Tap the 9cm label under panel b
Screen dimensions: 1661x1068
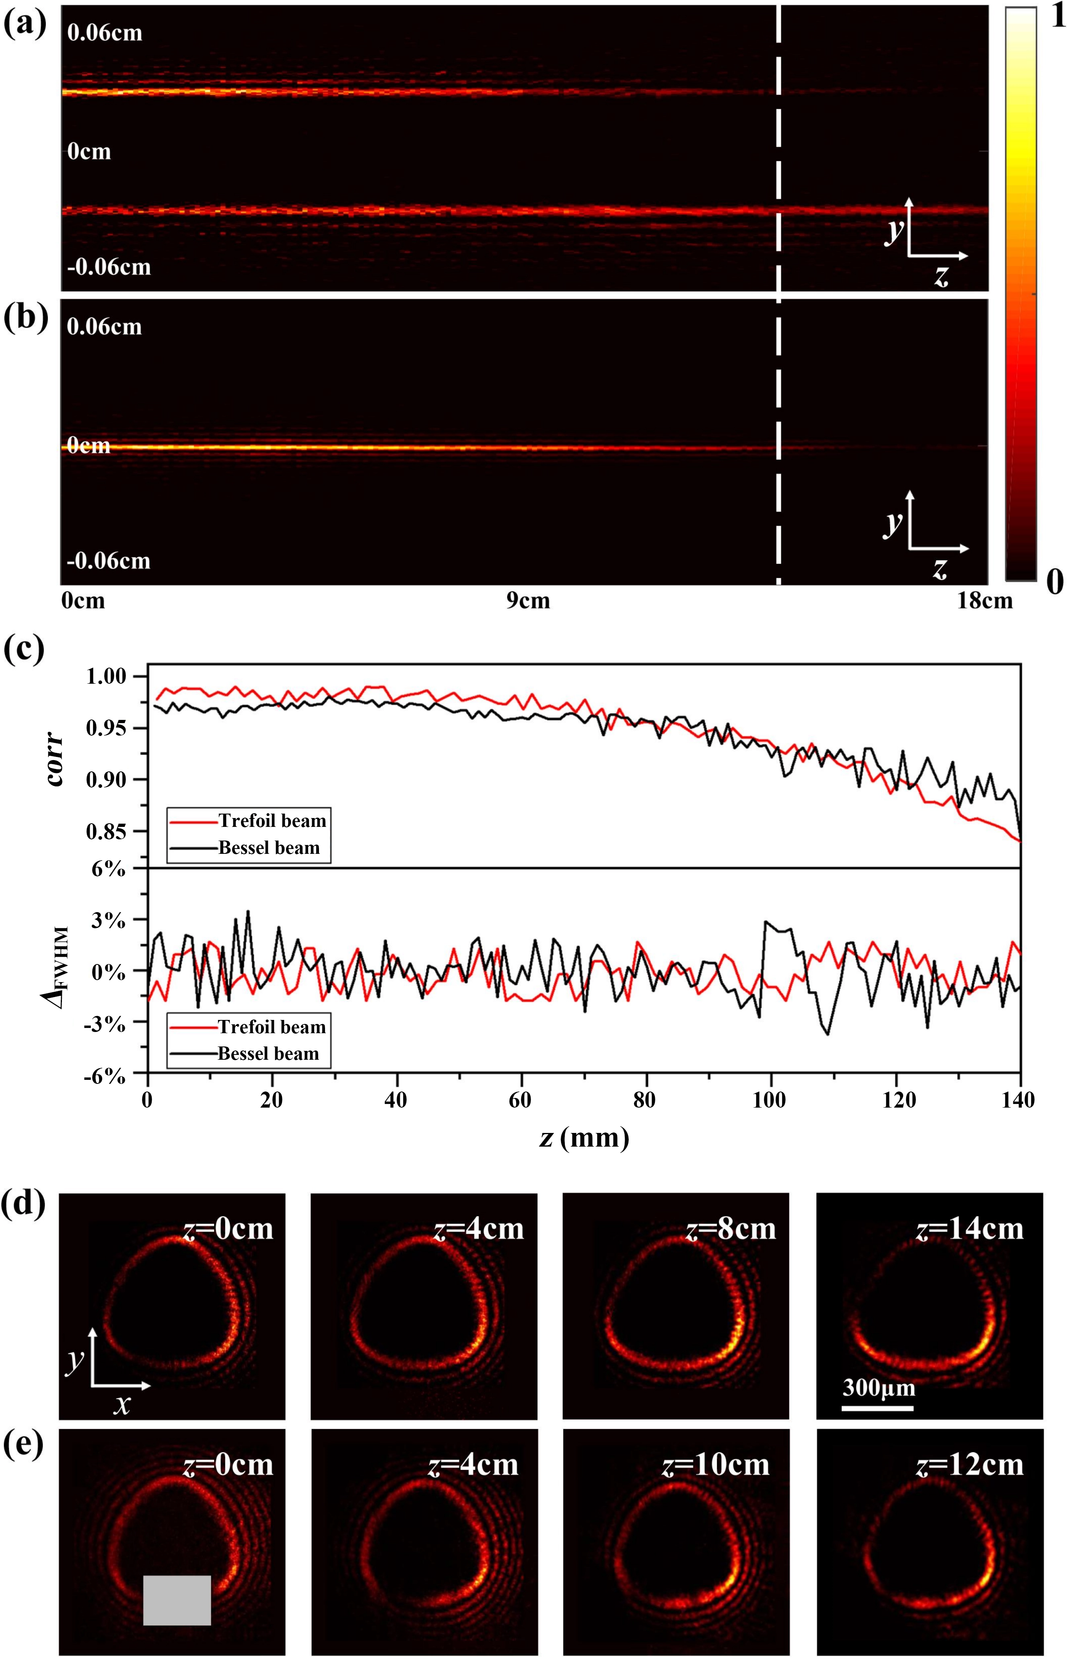point(528,600)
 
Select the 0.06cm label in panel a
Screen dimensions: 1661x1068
point(105,33)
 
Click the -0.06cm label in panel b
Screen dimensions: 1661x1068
point(108,560)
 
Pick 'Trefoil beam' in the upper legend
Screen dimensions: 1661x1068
point(272,821)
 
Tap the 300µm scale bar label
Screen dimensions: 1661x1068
point(879,1388)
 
